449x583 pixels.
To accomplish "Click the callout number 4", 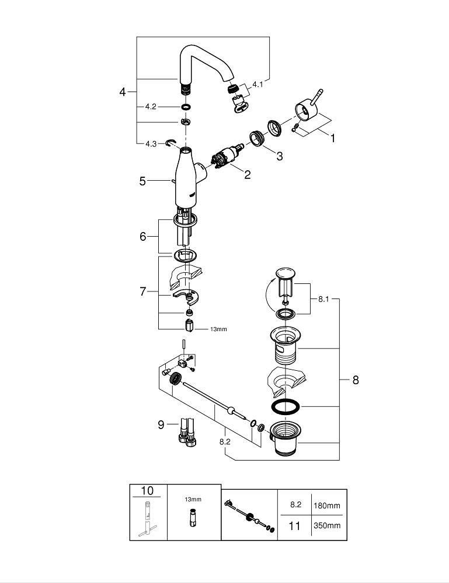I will click(x=123, y=92).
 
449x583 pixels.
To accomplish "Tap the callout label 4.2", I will click(x=151, y=107).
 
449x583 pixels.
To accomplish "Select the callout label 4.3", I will click(x=151, y=143).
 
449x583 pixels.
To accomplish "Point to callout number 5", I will click(x=142, y=181).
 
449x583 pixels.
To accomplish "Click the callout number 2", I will click(x=247, y=174).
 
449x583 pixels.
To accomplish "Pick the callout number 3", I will click(x=280, y=156).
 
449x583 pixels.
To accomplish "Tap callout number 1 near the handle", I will click(x=333, y=139).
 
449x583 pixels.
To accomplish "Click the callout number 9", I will click(x=161, y=424).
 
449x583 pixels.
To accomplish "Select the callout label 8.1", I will click(x=323, y=299).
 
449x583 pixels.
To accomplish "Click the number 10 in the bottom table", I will click(x=148, y=490).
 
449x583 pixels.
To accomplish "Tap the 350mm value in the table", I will click(x=327, y=526).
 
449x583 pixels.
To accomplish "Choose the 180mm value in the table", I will click(x=327, y=505).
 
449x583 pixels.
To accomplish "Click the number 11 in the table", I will click(x=295, y=526).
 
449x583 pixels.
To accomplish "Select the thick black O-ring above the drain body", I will click(x=286, y=406).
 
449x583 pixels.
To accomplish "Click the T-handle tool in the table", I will click(x=148, y=519).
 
